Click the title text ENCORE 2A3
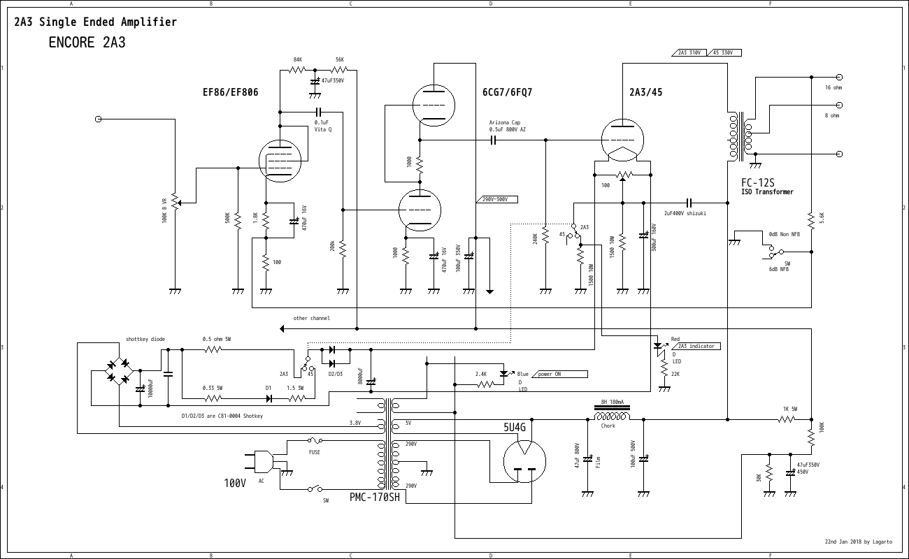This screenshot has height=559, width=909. [x=87, y=42]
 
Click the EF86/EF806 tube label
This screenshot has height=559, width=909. [x=230, y=92]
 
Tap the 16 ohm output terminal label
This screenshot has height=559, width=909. [x=833, y=88]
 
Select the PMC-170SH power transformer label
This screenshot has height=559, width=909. [x=375, y=498]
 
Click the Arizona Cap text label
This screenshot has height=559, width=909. [x=505, y=122]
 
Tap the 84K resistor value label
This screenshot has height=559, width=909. [x=297, y=60]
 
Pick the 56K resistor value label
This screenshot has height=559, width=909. [x=339, y=60]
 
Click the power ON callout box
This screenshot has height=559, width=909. [x=561, y=374]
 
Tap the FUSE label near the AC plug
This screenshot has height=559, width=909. [x=315, y=452]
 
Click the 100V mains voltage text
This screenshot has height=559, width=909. [x=235, y=484]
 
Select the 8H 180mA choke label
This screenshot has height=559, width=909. [x=612, y=402]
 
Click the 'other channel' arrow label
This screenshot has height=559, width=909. [x=311, y=319]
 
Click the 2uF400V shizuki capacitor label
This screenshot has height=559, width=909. [x=685, y=213]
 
